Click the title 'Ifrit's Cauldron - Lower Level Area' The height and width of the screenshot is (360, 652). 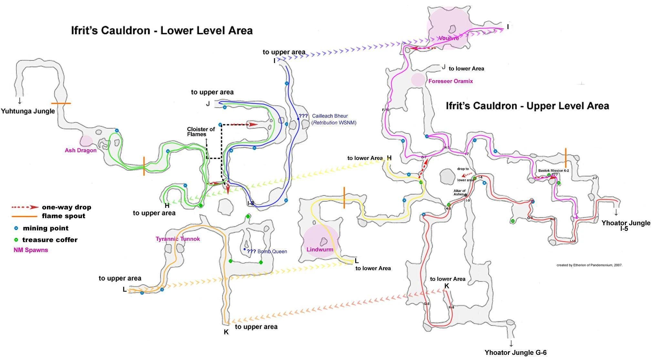click(x=162, y=31)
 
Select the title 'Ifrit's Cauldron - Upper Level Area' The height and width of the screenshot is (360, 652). click(x=527, y=106)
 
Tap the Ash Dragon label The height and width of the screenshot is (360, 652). click(x=81, y=150)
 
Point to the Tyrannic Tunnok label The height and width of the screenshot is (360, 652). click(x=178, y=239)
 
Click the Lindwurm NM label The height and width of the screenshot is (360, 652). click(x=320, y=249)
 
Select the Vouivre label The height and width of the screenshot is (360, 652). click(x=449, y=38)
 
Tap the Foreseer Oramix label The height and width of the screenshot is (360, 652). click(x=450, y=81)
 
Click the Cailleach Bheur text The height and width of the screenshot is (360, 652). click(x=330, y=116)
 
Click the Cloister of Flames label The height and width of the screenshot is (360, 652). click(x=201, y=132)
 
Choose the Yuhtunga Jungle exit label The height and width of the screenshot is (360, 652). click(x=28, y=111)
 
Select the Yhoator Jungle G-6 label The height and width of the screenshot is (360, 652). click(x=515, y=353)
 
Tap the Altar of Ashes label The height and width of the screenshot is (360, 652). click(x=459, y=193)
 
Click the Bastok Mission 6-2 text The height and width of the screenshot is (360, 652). click(x=554, y=171)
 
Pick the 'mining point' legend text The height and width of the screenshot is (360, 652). click(x=46, y=228)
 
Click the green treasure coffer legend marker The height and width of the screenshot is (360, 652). click(x=16, y=240)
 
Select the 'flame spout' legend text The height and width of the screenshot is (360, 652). click(x=63, y=216)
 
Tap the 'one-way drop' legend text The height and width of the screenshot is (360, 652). click(x=67, y=207)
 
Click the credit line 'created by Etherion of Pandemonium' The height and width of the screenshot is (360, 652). click(x=589, y=265)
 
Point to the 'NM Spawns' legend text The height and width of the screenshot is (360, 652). click(x=31, y=250)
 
